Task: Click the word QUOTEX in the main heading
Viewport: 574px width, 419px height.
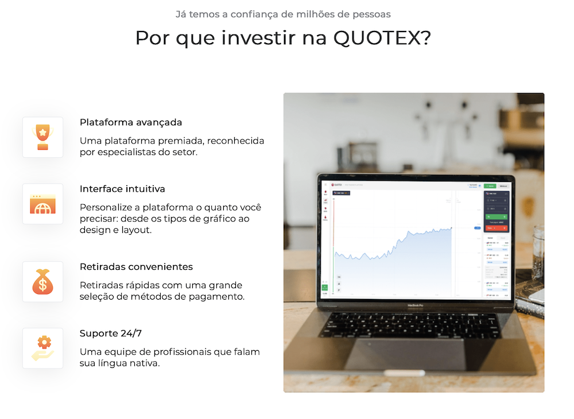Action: click(381, 38)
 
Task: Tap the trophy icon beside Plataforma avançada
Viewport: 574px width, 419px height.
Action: click(42, 138)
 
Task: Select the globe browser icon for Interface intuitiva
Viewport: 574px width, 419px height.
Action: click(42, 204)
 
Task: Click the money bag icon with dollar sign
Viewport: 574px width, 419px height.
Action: click(42, 282)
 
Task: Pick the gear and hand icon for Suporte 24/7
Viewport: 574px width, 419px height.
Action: click(42, 348)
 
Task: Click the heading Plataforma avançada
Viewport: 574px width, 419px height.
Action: click(131, 122)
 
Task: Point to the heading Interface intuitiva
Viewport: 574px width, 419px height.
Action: click(122, 189)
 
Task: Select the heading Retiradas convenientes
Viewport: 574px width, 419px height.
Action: click(136, 267)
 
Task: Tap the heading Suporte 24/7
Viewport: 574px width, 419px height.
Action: click(110, 333)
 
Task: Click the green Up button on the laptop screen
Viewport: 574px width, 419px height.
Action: click(497, 217)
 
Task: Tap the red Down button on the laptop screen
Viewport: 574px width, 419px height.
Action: click(497, 228)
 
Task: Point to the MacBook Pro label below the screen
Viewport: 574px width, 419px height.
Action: click(414, 305)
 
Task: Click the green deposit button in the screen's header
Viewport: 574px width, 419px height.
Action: click(490, 186)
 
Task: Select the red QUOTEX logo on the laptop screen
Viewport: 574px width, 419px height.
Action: click(329, 184)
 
